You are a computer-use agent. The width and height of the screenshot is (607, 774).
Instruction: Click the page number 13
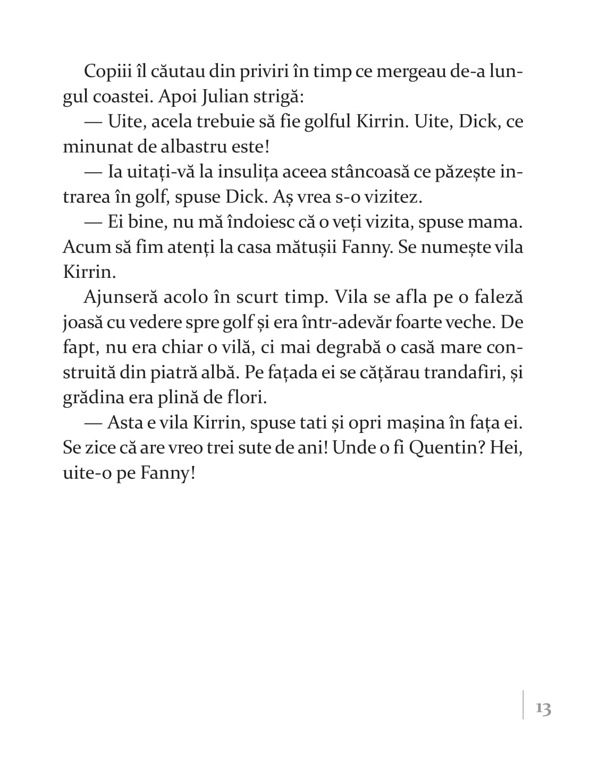pos(543,709)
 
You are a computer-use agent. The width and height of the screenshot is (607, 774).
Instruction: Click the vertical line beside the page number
pos(523,704)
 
